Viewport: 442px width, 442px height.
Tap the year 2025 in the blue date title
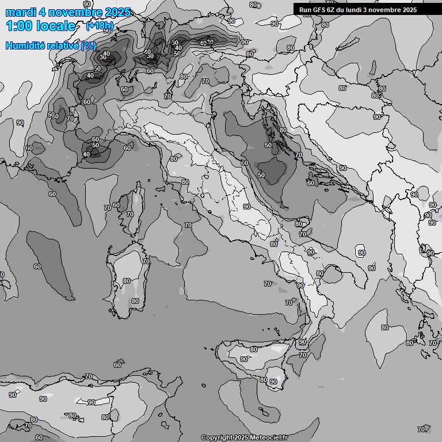click(115, 12)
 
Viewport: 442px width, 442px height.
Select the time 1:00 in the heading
click(19, 26)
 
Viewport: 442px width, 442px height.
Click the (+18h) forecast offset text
click(100, 25)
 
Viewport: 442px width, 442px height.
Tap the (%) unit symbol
click(89, 45)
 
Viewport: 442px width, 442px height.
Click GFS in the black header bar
click(319, 10)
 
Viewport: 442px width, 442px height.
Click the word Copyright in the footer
click(216, 438)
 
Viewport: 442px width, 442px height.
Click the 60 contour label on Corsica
click(116, 205)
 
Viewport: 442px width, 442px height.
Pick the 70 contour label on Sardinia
click(146, 261)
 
